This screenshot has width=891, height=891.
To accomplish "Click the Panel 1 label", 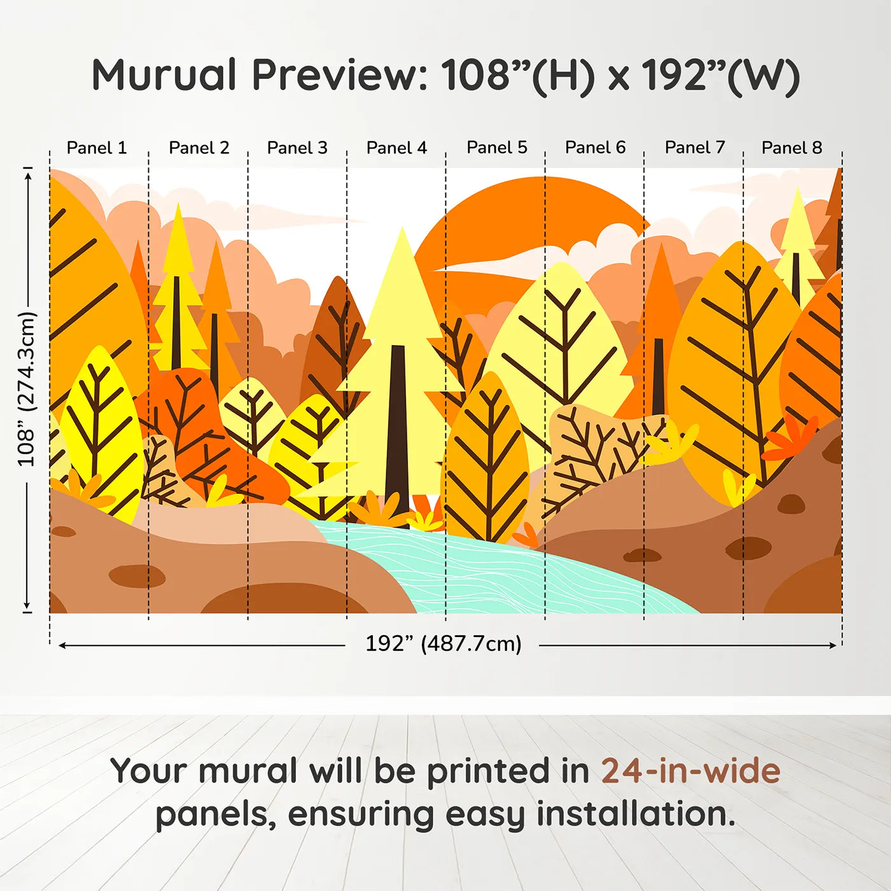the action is [97, 148].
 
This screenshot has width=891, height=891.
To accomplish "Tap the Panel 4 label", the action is [396, 148].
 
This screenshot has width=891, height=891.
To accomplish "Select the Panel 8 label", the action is [792, 148].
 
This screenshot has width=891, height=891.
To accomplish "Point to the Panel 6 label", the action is [596, 148].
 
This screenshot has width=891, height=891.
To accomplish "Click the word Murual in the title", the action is [164, 75].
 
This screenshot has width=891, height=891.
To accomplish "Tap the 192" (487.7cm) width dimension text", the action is [444, 643].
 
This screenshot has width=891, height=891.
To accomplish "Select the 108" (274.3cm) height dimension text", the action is [27, 389].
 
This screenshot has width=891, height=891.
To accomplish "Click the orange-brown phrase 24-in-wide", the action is [691, 771].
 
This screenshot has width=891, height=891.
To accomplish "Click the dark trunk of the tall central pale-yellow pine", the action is [397, 435].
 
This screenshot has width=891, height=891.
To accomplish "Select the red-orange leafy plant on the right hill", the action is [789, 437].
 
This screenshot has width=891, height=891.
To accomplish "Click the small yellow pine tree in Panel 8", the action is [797, 245].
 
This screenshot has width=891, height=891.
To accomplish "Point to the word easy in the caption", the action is [485, 816].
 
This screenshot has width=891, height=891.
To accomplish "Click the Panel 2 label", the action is [199, 148].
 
